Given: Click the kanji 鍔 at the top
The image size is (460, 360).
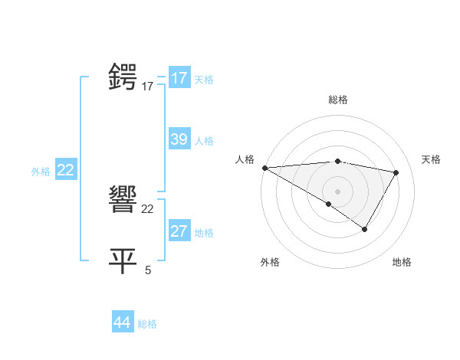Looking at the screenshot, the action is (x=123, y=78).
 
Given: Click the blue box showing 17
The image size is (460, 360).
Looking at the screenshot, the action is (x=179, y=78).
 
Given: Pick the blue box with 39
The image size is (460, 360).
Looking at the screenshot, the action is (x=179, y=139).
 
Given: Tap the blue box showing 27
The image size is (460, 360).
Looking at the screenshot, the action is (x=179, y=231).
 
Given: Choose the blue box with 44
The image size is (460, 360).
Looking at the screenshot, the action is (x=123, y=322).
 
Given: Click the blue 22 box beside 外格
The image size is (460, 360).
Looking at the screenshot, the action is (x=65, y=170).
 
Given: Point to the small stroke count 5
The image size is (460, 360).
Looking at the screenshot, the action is (x=148, y=270).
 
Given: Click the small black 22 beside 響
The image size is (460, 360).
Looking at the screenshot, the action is (x=147, y=209).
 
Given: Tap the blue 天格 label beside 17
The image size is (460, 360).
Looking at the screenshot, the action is (x=204, y=80).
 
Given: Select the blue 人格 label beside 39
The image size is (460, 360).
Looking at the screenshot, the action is (x=204, y=141).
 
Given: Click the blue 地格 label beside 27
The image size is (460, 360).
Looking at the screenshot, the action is (x=204, y=233).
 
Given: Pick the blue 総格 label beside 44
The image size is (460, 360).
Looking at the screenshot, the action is (x=147, y=324).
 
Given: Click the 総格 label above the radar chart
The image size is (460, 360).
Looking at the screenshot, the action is (x=337, y=100).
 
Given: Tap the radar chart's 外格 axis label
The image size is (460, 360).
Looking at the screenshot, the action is (x=270, y=262).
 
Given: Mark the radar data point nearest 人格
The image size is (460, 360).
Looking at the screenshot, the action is (x=264, y=168).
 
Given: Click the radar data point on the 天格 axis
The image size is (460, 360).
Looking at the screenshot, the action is (x=396, y=172).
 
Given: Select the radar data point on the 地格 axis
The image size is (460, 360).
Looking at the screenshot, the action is (x=365, y=229).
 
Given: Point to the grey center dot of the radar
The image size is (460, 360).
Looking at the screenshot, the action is (x=337, y=191).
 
